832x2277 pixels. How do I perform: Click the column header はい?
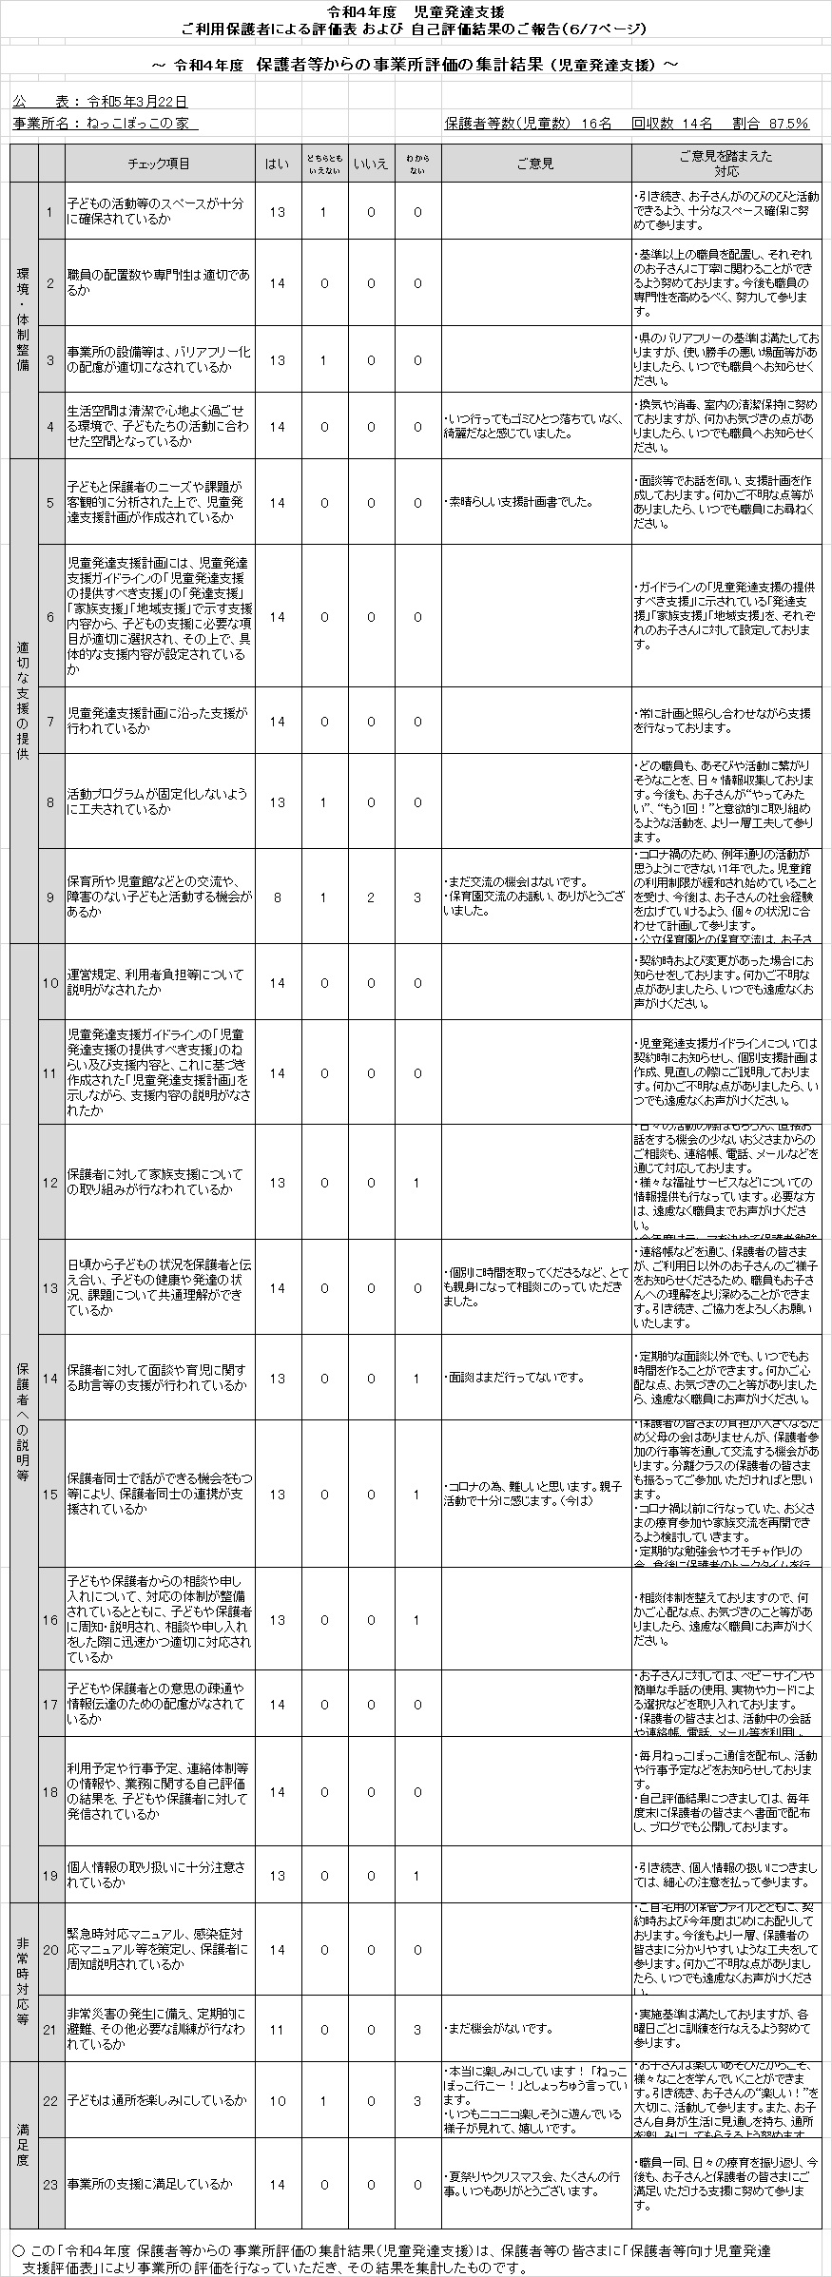coord(277,164)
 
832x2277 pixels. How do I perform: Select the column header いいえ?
coord(371,164)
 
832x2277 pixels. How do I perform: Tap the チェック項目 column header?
coord(159,164)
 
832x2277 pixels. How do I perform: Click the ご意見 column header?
coord(535,164)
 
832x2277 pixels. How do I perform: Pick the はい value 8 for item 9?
coord(277,897)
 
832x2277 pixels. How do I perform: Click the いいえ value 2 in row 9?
coord(371,897)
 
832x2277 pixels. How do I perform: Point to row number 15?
coord(50,1495)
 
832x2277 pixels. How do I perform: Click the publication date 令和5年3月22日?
coord(137,101)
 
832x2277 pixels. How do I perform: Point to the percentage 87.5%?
coord(788,124)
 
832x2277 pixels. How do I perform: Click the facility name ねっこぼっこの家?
coord(142,124)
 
